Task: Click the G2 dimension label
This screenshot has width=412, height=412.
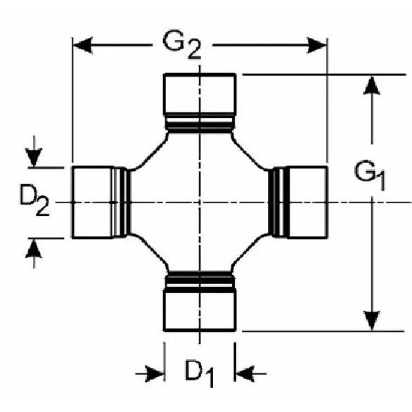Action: tap(182, 45)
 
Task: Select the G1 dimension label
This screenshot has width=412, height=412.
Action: tap(370, 175)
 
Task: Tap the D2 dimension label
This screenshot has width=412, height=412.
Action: tap(34, 200)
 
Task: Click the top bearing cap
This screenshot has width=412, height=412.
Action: tap(200, 94)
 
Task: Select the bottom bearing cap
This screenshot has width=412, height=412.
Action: tap(200, 310)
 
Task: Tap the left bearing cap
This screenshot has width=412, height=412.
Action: tap(93, 202)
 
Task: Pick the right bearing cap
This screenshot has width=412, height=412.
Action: tap(307, 202)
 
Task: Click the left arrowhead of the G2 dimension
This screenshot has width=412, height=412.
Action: tap(83, 45)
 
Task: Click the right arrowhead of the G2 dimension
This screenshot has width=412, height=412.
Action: tap(317, 45)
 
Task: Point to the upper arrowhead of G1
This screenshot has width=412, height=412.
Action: tap(371, 85)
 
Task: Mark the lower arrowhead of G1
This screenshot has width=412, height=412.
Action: tap(371, 321)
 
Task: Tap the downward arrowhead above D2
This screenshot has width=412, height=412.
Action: tap(34, 157)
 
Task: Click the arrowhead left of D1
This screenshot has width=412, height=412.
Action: tap(155, 373)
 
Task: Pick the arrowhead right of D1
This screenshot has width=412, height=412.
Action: tap(245, 373)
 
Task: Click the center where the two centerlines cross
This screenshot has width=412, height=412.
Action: tap(200, 202)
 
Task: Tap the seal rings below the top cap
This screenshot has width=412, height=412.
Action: tap(200, 124)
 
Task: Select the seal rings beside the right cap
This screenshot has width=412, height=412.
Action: tap(278, 202)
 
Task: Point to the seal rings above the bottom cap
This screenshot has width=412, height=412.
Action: tap(200, 281)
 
